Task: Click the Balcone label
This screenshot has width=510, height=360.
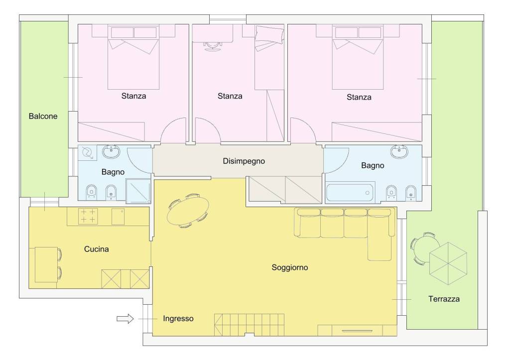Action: click(x=43, y=116)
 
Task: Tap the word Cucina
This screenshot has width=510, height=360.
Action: click(x=96, y=249)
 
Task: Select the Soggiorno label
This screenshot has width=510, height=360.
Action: click(x=289, y=268)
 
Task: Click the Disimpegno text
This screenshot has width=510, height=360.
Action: click(x=244, y=161)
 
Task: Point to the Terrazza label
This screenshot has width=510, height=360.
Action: click(x=444, y=299)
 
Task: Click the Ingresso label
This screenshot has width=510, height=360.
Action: click(x=178, y=319)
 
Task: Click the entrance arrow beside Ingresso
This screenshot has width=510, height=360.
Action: click(x=125, y=318)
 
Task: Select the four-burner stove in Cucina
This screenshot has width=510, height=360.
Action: click(x=88, y=216)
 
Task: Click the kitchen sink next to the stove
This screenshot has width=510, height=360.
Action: click(x=118, y=217)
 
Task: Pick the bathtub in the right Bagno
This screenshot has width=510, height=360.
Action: click(x=350, y=193)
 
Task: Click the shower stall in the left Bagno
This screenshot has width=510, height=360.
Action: click(x=138, y=191)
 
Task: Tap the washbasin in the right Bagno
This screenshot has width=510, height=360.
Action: click(x=399, y=151)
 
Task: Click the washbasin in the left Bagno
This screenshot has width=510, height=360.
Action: click(x=111, y=151)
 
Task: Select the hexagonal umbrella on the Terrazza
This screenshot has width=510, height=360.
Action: click(x=448, y=263)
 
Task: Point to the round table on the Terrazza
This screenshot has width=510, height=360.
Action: click(x=425, y=248)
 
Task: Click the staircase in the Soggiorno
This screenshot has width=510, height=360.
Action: click(x=249, y=325)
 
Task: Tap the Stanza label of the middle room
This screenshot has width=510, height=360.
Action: click(x=230, y=96)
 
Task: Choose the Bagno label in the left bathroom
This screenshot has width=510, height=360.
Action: click(x=113, y=172)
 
